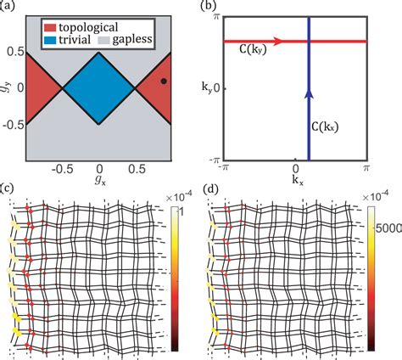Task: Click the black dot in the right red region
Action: click(x=164, y=82)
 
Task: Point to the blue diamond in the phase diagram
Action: click(x=98, y=88)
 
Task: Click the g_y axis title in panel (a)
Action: click(x=7, y=88)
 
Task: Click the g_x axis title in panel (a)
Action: click(x=98, y=180)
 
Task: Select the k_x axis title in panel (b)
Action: click(x=294, y=180)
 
